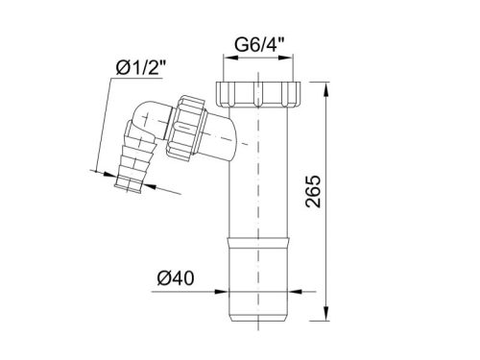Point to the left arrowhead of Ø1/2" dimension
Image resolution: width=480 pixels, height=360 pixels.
105,172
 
